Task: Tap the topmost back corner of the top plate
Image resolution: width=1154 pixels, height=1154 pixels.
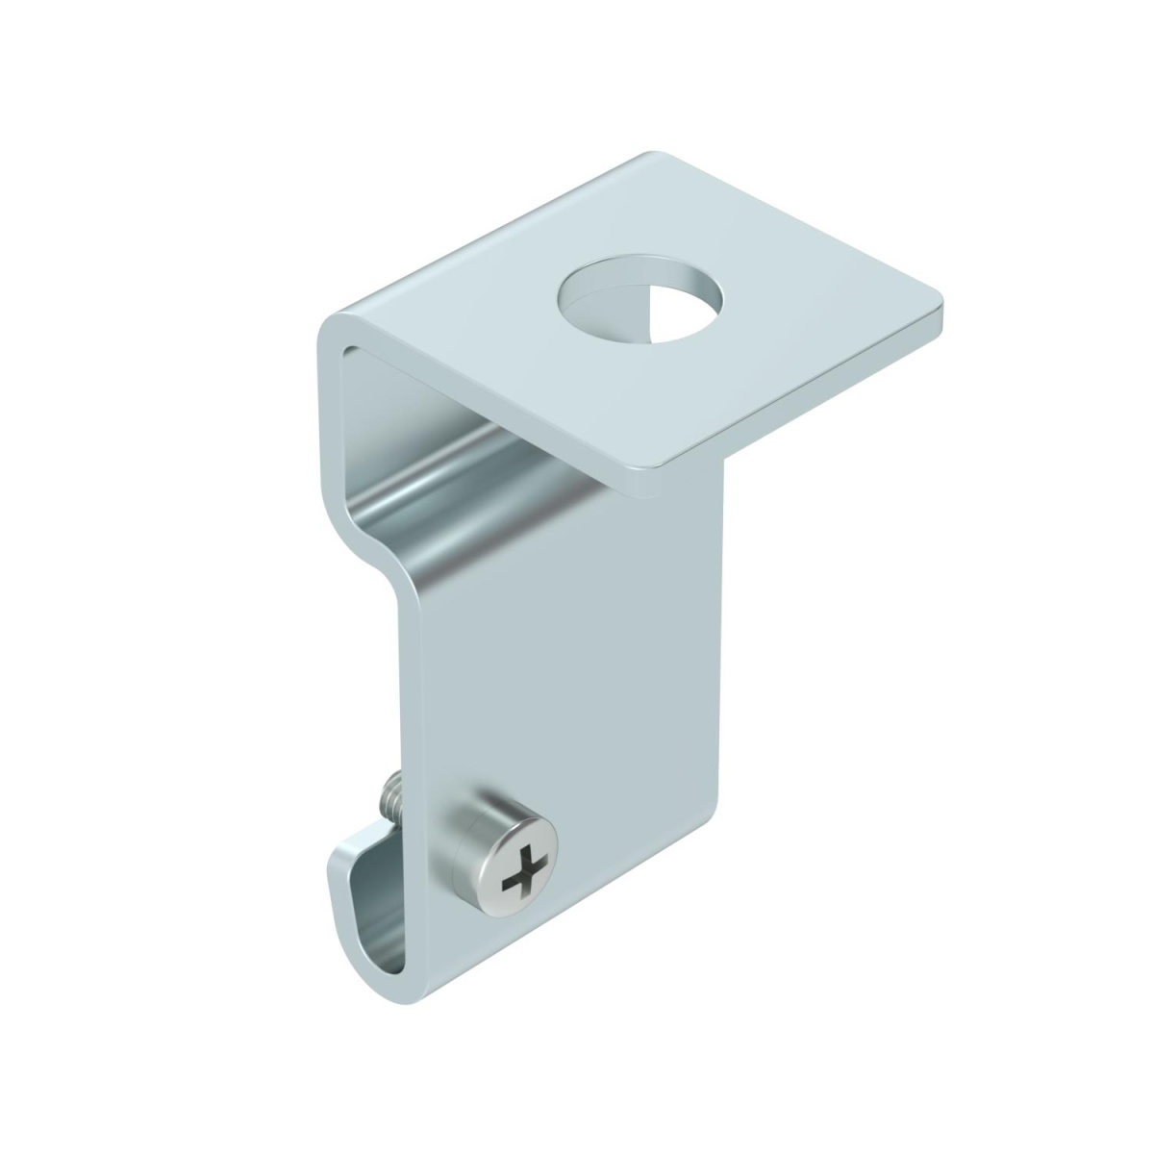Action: [x=654, y=154]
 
